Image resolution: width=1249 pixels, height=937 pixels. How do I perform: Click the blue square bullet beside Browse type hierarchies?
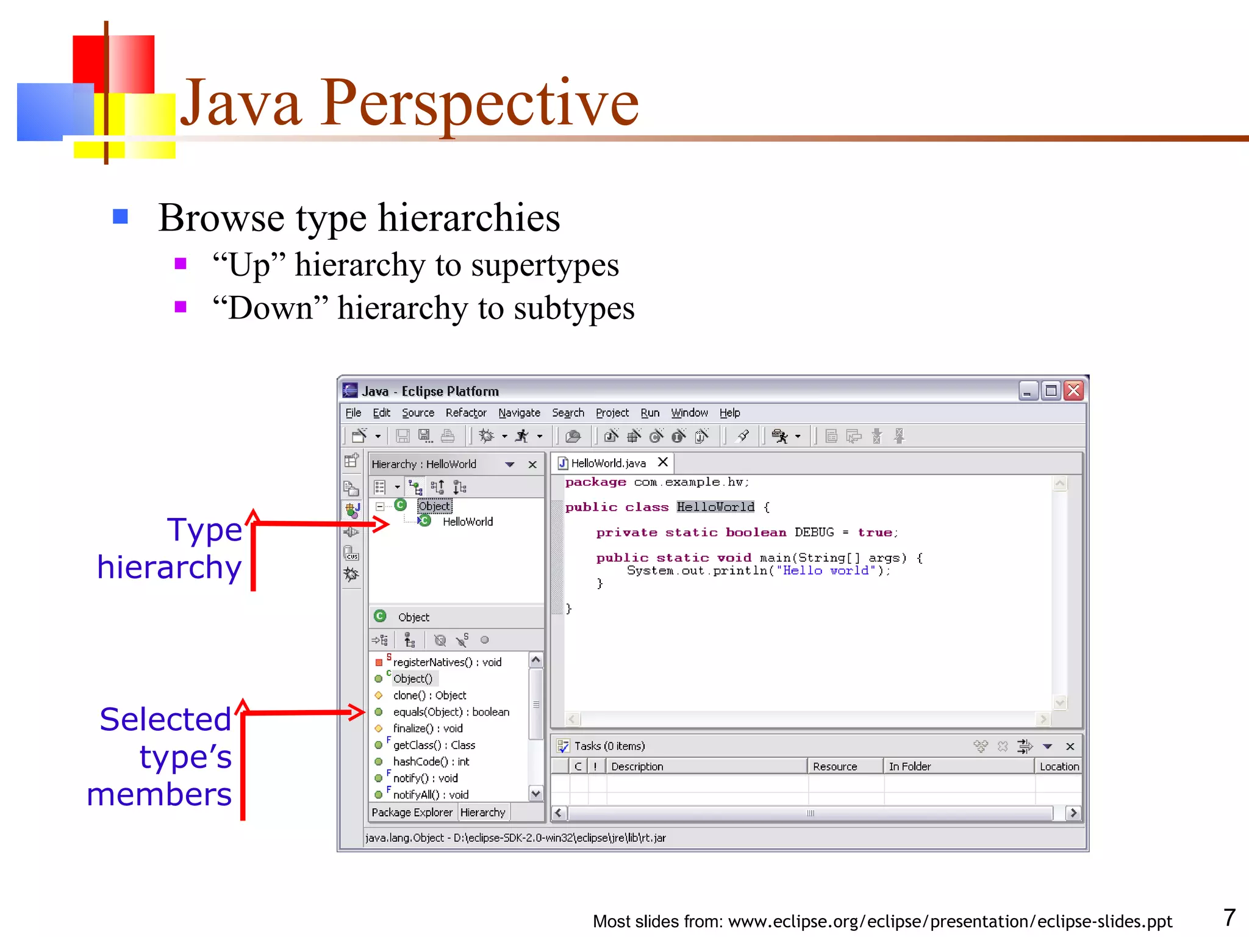click(x=120, y=217)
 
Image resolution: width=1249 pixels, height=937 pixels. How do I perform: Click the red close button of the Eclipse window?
click(x=1073, y=390)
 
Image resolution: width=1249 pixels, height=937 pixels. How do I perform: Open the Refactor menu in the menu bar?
click(x=465, y=413)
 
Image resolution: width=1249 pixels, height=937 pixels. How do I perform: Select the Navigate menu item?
click(x=519, y=413)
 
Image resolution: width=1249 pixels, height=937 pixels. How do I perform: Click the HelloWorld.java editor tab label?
click(x=608, y=463)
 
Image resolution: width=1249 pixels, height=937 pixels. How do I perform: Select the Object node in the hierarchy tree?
click(x=434, y=506)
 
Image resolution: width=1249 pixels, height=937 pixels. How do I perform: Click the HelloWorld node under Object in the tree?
click(x=467, y=522)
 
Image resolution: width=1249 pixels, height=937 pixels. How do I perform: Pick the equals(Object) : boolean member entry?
click(x=451, y=712)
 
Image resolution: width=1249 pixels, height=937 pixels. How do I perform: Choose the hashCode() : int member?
click(x=431, y=761)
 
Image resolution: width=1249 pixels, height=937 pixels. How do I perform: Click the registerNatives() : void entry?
click(x=447, y=662)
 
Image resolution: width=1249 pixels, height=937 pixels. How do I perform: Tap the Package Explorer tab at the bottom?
click(x=412, y=813)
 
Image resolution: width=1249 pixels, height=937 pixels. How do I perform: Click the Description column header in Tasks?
click(x=637, y=766)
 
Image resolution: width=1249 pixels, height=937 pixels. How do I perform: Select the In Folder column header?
click(x=909, y=766)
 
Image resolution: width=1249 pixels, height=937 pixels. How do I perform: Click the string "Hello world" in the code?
click(x=826, y=570)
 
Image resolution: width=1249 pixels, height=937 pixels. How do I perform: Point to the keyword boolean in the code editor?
click(x=756, y=533)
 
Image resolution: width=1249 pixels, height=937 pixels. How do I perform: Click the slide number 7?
click(x=1229, y=917)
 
